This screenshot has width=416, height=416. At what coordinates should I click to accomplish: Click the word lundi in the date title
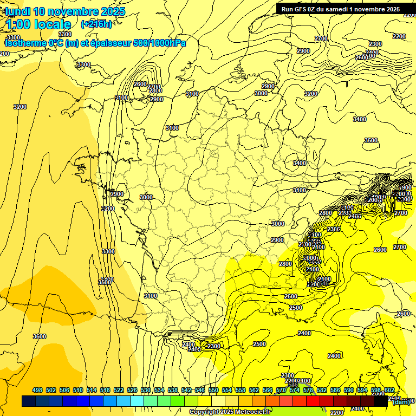(x=18, y=11)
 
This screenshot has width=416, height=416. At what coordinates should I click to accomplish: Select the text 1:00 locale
(x=38, y=24)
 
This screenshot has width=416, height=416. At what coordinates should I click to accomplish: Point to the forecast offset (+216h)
(x=96, y=24)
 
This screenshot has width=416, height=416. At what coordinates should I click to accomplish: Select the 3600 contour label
(x=40, y=336)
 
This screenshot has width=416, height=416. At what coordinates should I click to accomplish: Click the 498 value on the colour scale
(x=37, y=390)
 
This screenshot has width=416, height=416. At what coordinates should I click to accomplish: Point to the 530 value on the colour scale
(x=146, y=390)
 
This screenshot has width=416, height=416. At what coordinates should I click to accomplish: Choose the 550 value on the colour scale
(x=213, y=390)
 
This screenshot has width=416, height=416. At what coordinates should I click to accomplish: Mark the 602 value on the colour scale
(x=389, y=390)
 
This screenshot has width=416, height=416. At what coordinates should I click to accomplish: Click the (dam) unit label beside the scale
(x=401, y=401)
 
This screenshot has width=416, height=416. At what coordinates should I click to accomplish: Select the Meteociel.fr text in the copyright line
(x=252, y=412)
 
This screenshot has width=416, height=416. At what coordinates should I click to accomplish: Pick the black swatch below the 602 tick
(x=381, y=401)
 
